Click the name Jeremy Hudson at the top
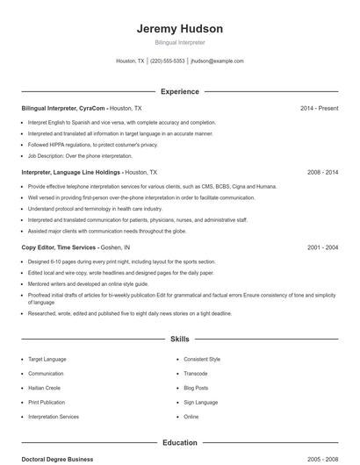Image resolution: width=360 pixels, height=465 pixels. coord(179,28)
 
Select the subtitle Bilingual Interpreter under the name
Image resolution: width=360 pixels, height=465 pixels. coord(179,42)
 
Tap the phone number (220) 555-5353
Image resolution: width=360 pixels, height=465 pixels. coord(168,61)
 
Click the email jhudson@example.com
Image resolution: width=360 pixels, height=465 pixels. coord(217,61)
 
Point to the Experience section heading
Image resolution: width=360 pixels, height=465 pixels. coord(179,91)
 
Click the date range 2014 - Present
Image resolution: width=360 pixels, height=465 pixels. coord(319,108)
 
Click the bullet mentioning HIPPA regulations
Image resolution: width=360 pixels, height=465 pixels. coord(93,145)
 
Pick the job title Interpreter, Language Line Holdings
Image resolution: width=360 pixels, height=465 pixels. coord(72,173)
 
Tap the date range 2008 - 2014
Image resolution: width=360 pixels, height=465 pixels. coord(322,173)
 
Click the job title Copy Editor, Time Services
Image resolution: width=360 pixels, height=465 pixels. coord(59,247)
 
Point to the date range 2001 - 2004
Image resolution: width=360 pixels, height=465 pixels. coord(322,247)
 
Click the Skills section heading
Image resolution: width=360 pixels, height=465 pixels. coord(179,338)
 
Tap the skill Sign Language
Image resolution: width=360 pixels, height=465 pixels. coord(202,402)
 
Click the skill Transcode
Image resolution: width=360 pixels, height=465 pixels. coord(197,373)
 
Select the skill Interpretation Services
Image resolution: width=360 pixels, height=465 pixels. coord(54,417)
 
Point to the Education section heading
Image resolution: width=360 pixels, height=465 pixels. coord(179,443)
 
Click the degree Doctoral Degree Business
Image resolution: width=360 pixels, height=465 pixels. coord(57,459)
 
